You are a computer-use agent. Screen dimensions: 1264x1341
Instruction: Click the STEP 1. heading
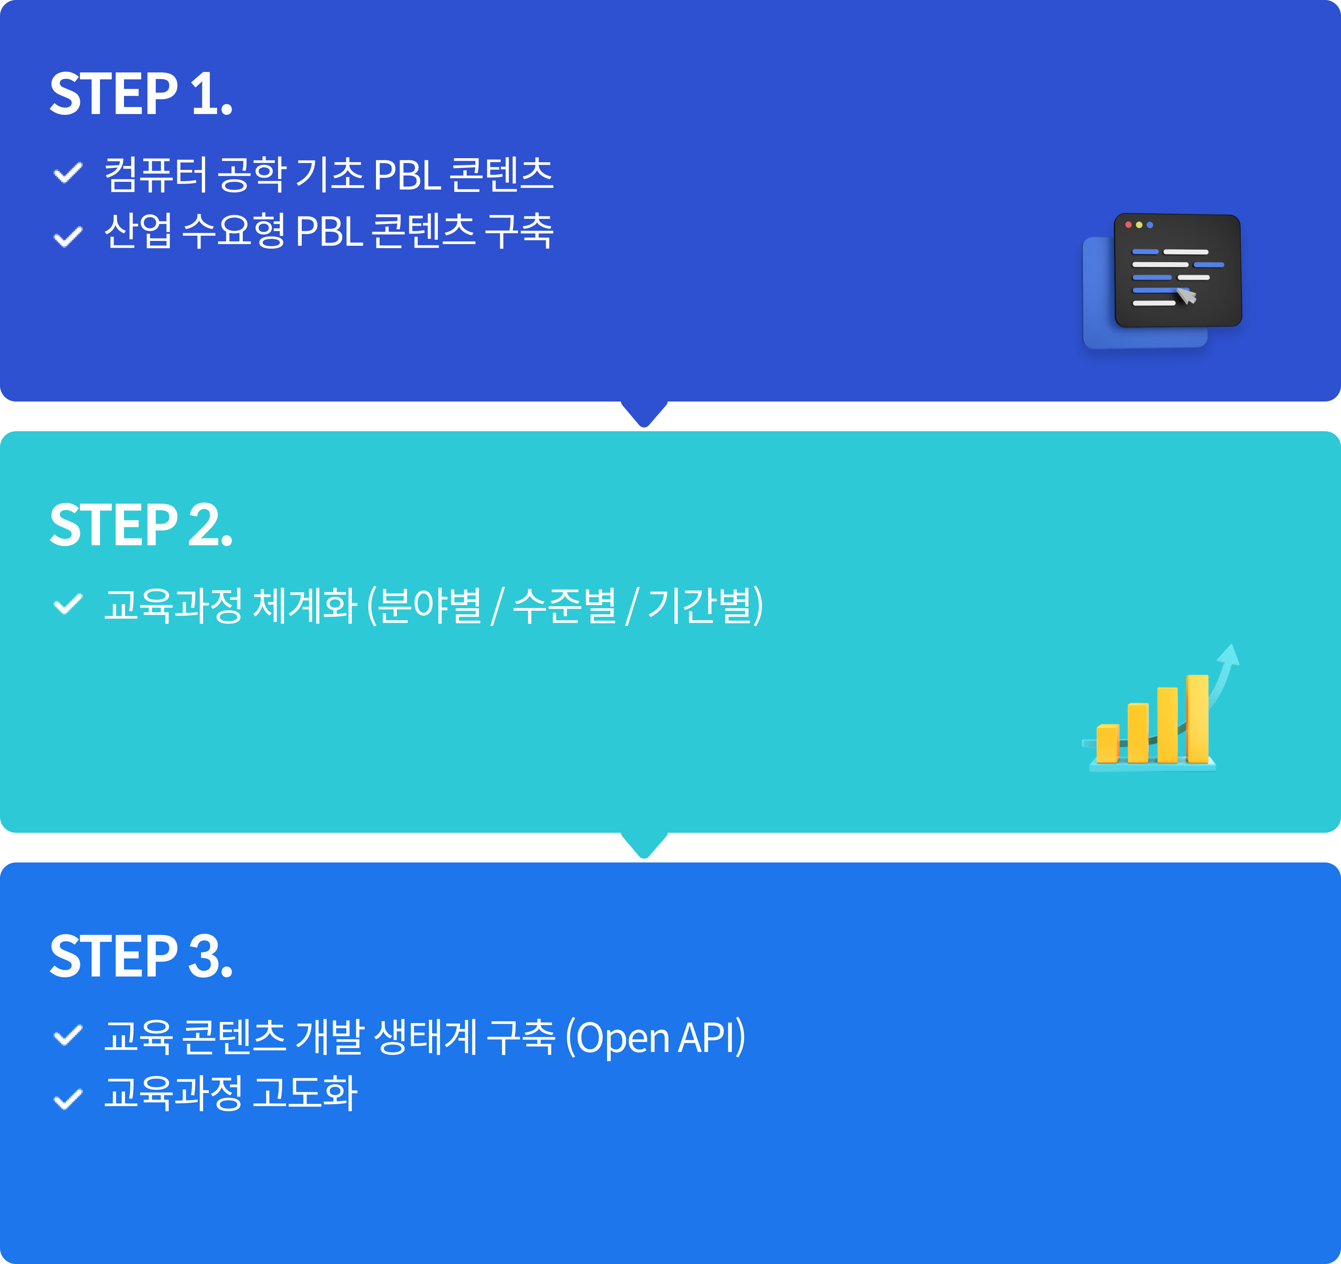141,94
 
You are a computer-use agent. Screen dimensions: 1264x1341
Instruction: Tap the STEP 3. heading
141,956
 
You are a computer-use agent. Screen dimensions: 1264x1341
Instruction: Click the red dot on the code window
1128,225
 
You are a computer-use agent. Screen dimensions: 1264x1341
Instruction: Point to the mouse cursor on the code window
1185,295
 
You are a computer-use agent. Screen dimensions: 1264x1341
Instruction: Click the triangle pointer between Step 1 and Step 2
644,413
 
